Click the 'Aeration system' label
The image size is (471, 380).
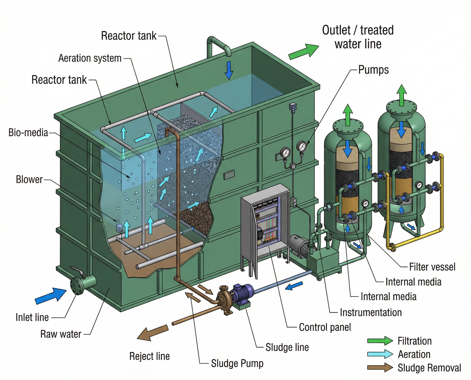[x=90, y=58]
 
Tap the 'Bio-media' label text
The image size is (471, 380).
[x=28, y=133]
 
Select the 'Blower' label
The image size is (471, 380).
[x=29, y=180]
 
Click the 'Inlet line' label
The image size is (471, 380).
[x=32, y=318]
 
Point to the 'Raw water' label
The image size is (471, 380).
[x=61, y=334]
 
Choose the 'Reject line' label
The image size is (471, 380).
[x=150, y=356]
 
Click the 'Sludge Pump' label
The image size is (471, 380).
[x=237, y=363]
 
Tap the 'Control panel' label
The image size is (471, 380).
[x=325, y=327]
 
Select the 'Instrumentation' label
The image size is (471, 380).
[x=371, y=312]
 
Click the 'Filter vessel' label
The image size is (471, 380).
[x=432, y=267]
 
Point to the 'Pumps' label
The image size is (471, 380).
[x=373, y=70]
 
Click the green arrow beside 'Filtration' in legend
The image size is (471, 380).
[x=380, y=341]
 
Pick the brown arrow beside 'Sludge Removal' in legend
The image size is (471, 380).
[x=380, y=368]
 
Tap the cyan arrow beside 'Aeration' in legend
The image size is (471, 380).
[x=380, y=354]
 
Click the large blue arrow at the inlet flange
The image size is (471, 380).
[x=50, y=296]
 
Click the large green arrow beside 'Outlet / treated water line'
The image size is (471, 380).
[x=303, y=52]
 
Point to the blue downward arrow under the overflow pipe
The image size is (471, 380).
[x=229, y=71]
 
